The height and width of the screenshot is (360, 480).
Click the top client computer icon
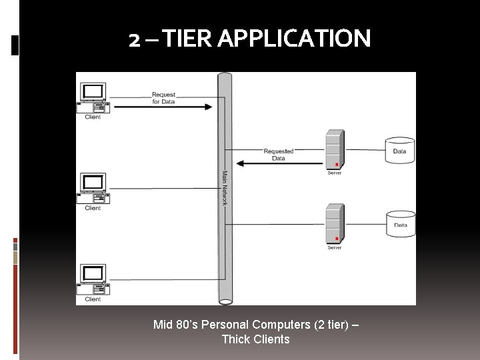pos(93,97)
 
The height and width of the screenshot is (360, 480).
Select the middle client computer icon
pos(93,189)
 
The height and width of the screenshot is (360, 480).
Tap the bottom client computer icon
pos(93,280)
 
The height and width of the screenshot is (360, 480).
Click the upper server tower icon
pos(335,150)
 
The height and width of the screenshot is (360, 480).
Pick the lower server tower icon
pos(335,224)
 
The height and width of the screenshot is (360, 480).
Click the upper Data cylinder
pos(400,151)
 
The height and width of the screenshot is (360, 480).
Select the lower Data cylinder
pos(401,224)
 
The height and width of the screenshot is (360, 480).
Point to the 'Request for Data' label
pos(163,98)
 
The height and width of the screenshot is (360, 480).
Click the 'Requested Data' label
pos(279,155)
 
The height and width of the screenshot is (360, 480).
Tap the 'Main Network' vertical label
pos(225,189)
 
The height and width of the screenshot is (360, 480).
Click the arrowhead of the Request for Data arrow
pos(208,107)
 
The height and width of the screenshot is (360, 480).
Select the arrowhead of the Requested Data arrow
pos(242,163)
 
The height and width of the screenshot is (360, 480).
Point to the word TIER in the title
pos(187,39)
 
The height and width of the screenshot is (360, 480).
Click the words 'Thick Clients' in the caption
pos(255,339)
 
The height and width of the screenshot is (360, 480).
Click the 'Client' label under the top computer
pos(93,117)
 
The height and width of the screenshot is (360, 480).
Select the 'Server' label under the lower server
pos(335,248)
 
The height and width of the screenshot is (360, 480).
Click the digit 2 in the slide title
pos(135,39)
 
